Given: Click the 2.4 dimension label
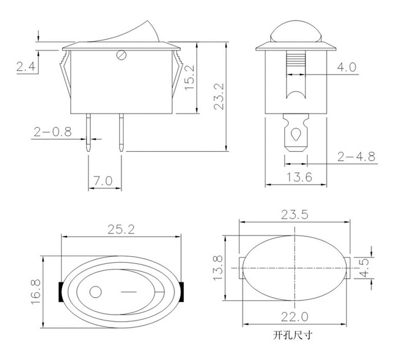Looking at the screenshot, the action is pyautogui.click(x=26, y=67).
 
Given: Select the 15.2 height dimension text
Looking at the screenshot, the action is pyautogui.click(x=190, y=77).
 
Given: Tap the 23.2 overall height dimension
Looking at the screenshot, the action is pyautogui.click(x=218, y=97).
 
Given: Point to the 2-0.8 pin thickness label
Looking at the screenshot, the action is pyautogui.click(x=53, y=132).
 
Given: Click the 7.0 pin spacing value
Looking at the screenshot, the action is pyautogui.click(x=103, y=180).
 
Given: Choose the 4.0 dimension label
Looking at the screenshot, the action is pyautogui.click(x=346, y=67).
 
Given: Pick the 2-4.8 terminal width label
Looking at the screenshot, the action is pyautogui.click(x=356, y=157).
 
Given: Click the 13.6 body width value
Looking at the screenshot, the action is pyautogui.click(x=299, y=177).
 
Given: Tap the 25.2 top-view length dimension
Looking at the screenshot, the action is pyautogui.click(x=121, y=229).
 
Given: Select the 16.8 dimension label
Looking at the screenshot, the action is pyautogui.click(x=36, y=292).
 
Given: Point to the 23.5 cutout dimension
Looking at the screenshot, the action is pyautogui.click(x=295, y=215).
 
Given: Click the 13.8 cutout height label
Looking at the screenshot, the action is pyautogui.click(x=218, y=268).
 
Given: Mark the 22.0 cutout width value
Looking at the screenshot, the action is pyautogui.click(x=295, y=317).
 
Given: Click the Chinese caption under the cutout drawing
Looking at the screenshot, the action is pyautogui.click(x=293, y=335).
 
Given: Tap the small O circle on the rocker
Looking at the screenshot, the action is pyautogui.click(x=95, y=292).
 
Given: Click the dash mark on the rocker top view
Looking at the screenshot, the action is pyautogui.click(x=129, y=292).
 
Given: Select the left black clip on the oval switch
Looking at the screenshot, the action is pyautogui.click(x=61, y=292).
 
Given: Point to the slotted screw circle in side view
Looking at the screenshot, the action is pyautogui.click(x=122, y=55).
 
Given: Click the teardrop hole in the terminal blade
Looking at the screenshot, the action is pyautogui.click(x=296, y=135).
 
